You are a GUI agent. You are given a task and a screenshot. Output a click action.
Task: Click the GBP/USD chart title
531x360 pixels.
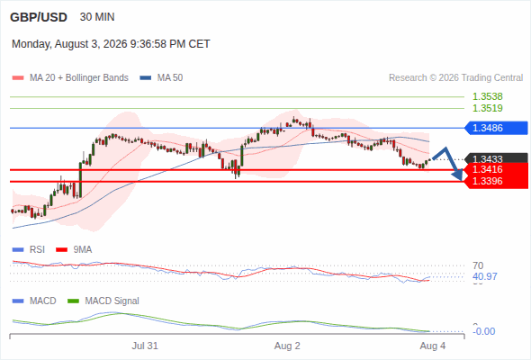(39, 17)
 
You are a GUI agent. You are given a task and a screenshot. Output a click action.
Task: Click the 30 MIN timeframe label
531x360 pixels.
(97, 17)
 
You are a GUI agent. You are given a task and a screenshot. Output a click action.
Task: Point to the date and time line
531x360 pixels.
(111, 44)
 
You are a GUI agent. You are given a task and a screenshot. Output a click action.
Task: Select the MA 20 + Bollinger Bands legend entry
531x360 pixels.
(70, 78)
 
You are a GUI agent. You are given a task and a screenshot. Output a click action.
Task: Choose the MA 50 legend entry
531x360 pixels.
(161, 78)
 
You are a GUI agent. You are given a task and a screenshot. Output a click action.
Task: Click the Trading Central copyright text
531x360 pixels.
(455, 78)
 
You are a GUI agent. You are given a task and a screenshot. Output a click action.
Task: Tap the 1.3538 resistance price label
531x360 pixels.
(487, 96)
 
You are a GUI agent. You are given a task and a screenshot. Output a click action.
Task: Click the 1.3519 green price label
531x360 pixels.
(487, 108)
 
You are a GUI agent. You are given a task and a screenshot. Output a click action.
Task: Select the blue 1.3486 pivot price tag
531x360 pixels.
(496, 128)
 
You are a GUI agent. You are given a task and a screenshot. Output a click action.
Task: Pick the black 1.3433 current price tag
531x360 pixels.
(496, 158)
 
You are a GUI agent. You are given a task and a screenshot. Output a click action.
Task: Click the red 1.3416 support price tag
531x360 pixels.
(496, 169)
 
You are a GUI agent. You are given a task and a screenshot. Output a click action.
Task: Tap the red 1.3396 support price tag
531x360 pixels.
(496, 182)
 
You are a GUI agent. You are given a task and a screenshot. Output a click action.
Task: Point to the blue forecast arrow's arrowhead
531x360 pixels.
(458, 175)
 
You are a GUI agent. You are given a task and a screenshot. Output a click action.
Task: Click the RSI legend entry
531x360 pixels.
(29, 249)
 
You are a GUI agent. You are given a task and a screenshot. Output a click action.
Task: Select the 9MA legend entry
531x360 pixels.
(74, 249)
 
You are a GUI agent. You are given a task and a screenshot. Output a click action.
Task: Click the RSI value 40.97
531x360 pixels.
(485, 276)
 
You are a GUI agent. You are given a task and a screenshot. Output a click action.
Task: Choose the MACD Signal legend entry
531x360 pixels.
(103, 301)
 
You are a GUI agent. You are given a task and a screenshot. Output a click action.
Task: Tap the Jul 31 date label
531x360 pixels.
(145, 346)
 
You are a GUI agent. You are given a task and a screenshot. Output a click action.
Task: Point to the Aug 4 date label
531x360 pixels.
(433, 346)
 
